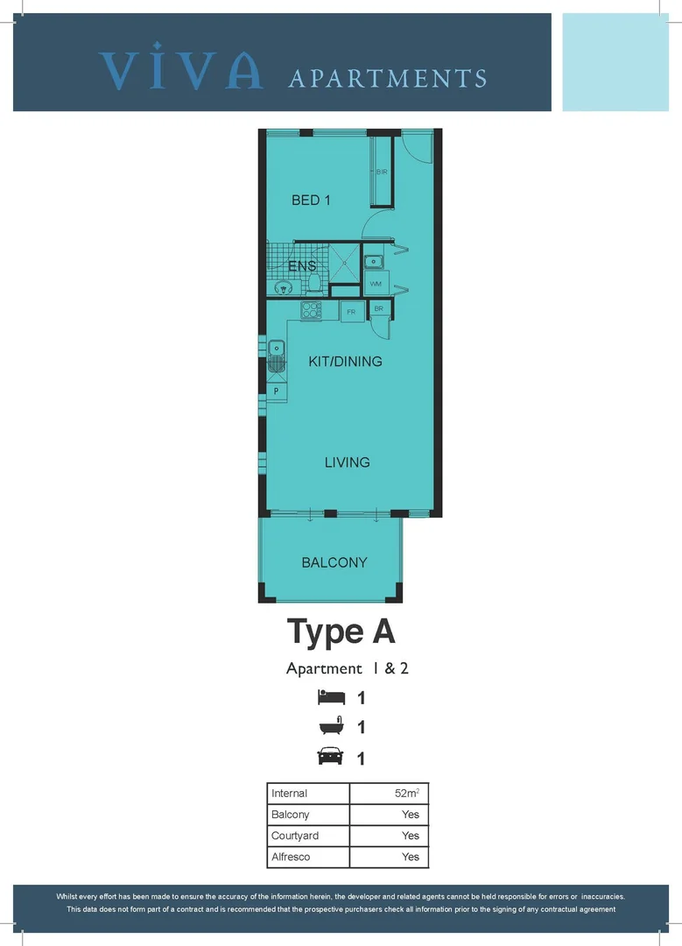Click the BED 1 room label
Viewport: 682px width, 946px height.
(x=311, y=201)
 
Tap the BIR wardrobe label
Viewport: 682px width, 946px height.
(x=382, y=172)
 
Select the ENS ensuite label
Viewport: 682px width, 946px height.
(x=302, y=265)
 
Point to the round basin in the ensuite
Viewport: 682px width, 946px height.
(x=282, y=286)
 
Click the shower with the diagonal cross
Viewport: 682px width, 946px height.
(x=344, y=262)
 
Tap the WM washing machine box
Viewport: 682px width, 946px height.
(x=375, y=284)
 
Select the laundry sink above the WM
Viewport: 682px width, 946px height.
(x=373, y=261)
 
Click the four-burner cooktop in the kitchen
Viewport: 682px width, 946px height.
(x=312, y=310)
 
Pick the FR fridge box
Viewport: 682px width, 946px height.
(x=351, y=312)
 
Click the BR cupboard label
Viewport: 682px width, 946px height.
(x=378, y=309)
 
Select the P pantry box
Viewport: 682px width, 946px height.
(x=277, y=391)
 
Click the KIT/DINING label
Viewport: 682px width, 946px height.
(x=345, y=361)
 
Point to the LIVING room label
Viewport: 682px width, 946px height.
(x=347, y=462)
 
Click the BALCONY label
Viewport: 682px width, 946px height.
(x=334, y=562)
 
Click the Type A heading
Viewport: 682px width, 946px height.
(x=341, y=632)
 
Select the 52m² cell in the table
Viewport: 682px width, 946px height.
(x=389, y=794)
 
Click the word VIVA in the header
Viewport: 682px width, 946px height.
(x=181, y=69)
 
